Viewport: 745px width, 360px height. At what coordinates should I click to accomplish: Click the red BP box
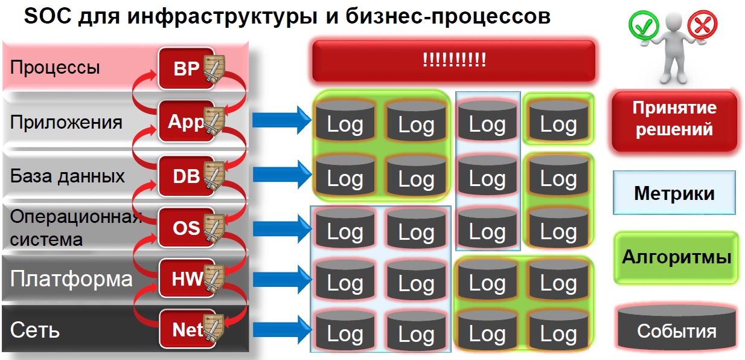pos(186,68)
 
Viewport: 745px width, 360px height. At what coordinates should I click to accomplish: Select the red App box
pos(186,121)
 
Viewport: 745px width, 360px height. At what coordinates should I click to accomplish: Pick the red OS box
pos(186,228)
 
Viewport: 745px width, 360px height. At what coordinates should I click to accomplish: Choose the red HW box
pos(186,278)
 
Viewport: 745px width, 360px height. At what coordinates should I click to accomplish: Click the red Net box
pos(186,329)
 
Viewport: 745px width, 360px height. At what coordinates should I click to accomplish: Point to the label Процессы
pos(55,67)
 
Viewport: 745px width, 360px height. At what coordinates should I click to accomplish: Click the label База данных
pos(68,176)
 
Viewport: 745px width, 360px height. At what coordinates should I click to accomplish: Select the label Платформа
pos(71,279)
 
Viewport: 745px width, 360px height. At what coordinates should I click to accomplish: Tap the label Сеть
pos(35,331)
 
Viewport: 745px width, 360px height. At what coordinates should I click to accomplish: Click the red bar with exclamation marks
pos(453,60)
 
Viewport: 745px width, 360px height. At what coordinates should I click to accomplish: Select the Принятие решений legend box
pos(674,120)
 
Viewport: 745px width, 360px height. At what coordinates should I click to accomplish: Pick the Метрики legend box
pos(674,193)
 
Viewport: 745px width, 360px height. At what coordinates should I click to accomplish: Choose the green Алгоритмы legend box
pos(676,257)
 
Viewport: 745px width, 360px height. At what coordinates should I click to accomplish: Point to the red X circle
pos(703,25)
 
